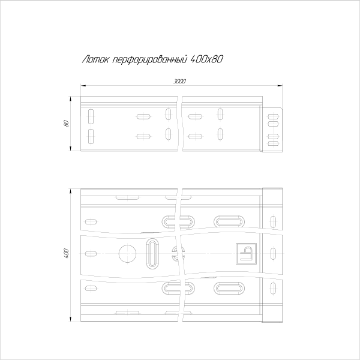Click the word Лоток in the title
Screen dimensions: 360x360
point(95,59)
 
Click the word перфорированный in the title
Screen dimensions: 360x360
point(149,59)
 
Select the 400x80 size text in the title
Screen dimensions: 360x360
point(206,59)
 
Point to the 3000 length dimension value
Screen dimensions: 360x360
point(179,81)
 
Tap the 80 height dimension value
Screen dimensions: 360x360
point(66,124)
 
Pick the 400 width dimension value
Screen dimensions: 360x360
point(66,253)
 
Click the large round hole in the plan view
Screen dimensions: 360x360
point(127,254)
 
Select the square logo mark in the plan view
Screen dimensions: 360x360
point(247,253)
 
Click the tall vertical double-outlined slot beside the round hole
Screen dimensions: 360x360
point(152,253)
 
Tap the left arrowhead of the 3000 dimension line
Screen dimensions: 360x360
point(83,86)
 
